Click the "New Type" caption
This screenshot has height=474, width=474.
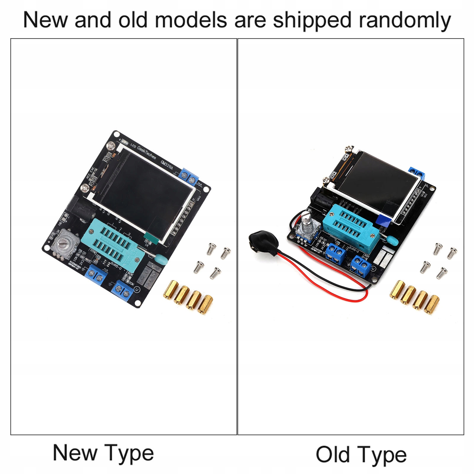[x=103, y=453]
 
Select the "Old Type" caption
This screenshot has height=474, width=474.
[x=361, y=454]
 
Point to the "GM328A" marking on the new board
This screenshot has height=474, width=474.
[x=167, y=164]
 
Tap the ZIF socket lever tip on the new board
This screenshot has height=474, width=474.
[x=162, y=260]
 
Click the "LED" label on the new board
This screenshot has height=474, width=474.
[x=133, y=146]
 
